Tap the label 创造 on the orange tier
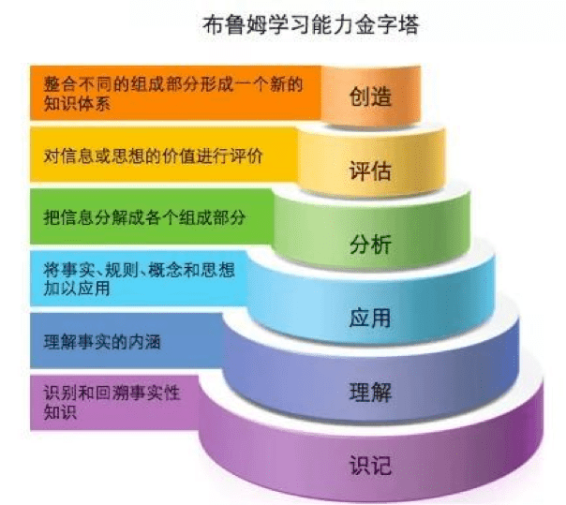[x=369, y=97]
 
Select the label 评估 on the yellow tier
[x=369, y=171]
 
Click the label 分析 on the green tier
[x=369, y=245]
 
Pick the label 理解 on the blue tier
[x=369, y=391]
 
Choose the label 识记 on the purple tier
[x=369, y=465]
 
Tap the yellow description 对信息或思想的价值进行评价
[x=153, y=156]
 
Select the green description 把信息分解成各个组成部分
[x=144, y=217]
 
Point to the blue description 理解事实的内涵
[x=102, y=342]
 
